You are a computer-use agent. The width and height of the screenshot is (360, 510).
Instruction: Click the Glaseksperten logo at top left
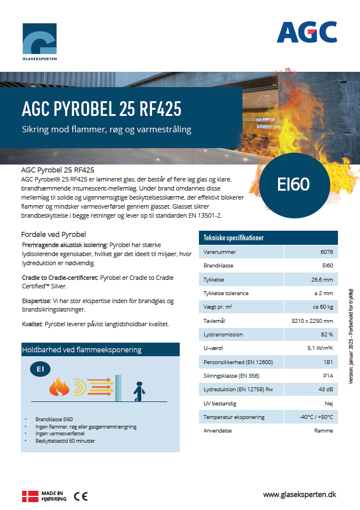(x=40, y=41)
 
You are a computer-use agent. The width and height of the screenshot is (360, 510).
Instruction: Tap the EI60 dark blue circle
(x=293, y=184)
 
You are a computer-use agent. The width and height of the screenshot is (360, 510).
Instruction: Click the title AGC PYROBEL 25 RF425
(x=101, y=108)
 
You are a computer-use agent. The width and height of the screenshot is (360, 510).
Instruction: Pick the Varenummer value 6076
(x=326, y=252)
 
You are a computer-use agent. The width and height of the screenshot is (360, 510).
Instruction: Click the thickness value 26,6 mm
(x=322, y=280)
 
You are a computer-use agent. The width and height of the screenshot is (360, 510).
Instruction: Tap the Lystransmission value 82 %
(x=327, y=335)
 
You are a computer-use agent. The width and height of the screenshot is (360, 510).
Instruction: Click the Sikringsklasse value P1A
(x=327, y=376)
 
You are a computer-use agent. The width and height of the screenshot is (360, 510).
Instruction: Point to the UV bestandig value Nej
(x=328, y=403)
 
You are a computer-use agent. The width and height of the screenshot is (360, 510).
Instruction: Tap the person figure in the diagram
(x=137, y=389)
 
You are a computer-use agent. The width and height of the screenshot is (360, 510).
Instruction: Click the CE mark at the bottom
(x=81, y=496)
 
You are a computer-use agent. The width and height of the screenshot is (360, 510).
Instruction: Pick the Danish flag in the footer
(x=29, y=496)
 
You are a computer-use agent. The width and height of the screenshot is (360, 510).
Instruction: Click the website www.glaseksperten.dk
(x=300, y=494)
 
